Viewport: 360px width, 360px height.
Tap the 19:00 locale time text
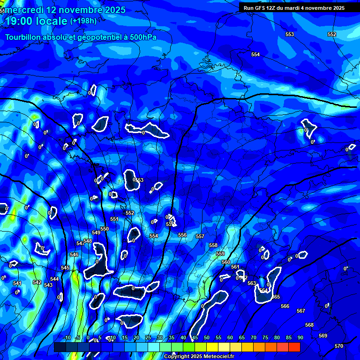click(x=36, y=21)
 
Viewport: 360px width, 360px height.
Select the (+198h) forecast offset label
click(x=83, y=21)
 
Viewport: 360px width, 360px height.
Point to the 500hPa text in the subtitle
click(x=141, y=37)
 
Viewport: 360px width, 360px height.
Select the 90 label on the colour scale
click(x=300, y=337)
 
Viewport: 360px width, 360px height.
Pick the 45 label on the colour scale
click(x=195, y=337)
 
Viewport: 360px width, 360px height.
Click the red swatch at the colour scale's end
click(x=294, y=347)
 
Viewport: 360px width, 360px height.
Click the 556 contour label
click(x=182, y=235)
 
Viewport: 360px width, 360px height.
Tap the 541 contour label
click(x=17, y=283)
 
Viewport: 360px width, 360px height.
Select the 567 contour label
click(x=301, y=311)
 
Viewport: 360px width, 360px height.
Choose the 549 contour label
click(x=96, y=232)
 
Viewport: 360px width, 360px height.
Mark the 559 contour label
click(x=220, y=254)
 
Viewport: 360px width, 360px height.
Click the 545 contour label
click(x=65, y=268)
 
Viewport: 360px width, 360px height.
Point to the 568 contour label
click(x=309, y=325)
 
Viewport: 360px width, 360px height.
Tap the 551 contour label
click(x=114, y=219)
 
